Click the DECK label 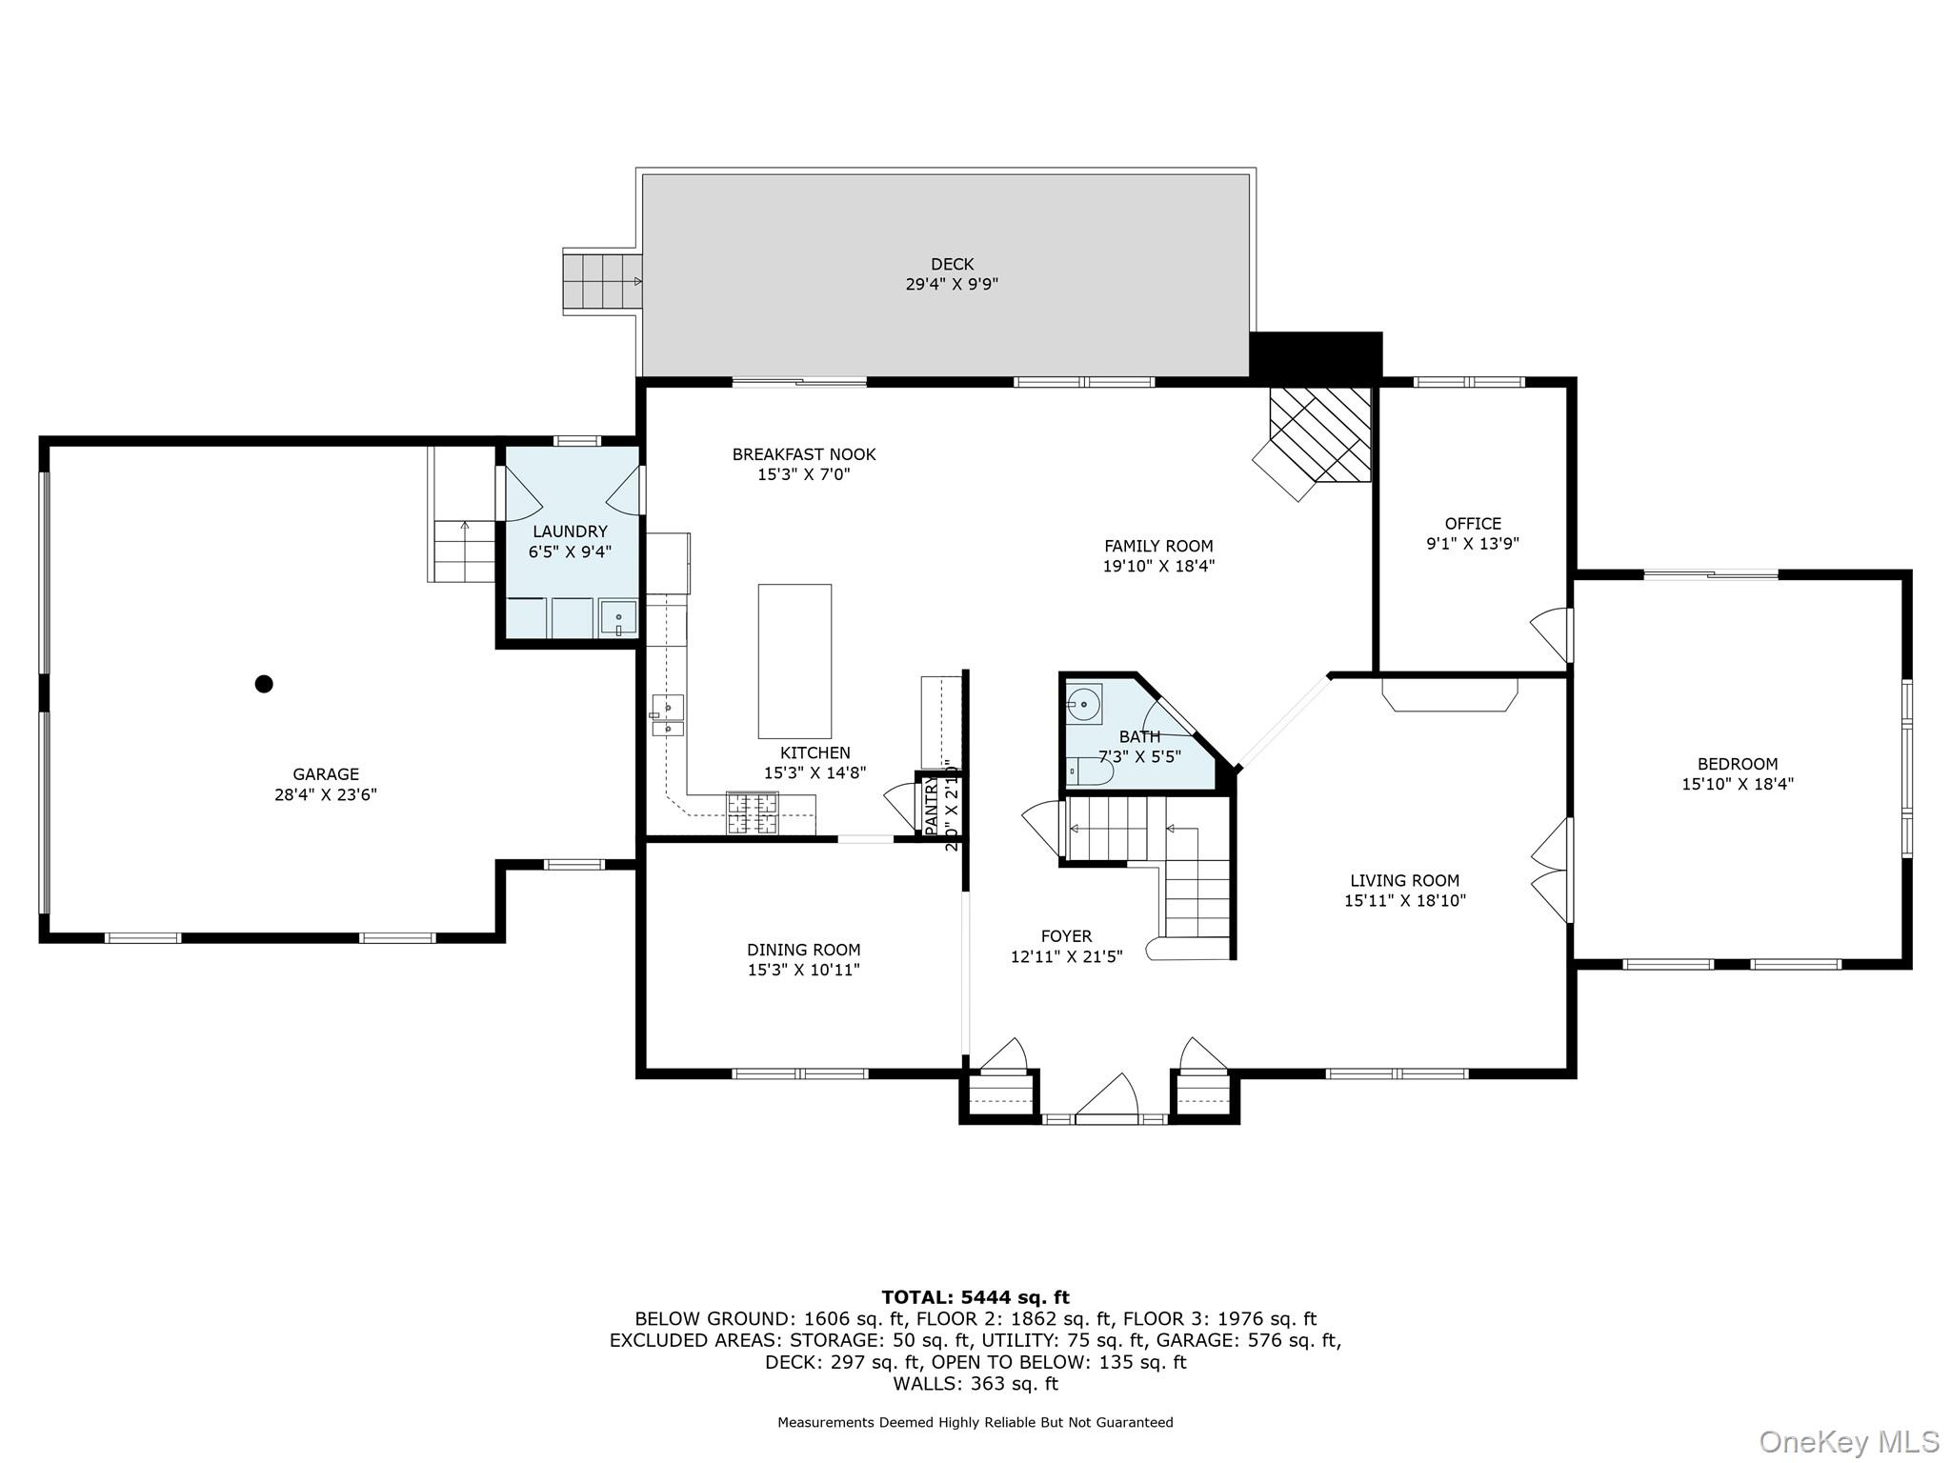(952, 265)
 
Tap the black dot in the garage (264, 684)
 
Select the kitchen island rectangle (794, 661)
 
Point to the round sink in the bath (1084, 705)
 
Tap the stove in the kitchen (753, 813)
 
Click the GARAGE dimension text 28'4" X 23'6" (326, 794)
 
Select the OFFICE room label (1472, 524)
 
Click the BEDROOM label (1737, 764)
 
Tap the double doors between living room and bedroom (1552, 870)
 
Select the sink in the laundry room (617, 618)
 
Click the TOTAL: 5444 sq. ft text (975, 1297)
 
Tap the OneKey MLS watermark (1848, 1442)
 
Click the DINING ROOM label (803, 950)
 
